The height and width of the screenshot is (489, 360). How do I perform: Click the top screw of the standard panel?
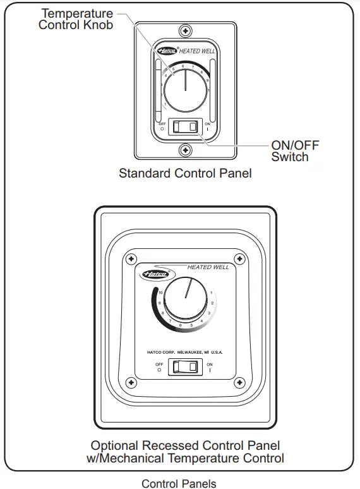[x=185, y=30]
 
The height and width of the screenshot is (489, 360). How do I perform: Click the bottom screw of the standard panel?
[x=185, y=150]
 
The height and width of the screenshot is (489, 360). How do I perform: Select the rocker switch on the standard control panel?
[x=184, y=126]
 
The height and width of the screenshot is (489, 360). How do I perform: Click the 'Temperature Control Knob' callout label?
[x=77, y=19]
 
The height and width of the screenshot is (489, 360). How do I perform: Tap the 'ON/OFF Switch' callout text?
[x=295, y=150]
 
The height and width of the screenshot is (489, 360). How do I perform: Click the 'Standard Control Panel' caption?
[x=185, y=173]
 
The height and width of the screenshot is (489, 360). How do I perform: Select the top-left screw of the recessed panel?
[x=131, y=259]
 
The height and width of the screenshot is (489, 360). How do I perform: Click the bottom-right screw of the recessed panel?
[x=239, y=382]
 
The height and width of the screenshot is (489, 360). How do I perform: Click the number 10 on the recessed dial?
[x=160, y=293]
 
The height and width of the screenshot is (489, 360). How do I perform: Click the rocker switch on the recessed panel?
[x=185, y=367]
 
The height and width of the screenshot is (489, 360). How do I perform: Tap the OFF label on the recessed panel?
[x=159, y=365]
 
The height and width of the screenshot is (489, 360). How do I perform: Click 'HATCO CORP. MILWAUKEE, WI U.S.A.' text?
[x=185, y=351]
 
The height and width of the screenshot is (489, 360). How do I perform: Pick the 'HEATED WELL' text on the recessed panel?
[x=208, y=267]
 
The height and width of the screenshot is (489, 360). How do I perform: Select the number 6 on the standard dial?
[x=183, y=66]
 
